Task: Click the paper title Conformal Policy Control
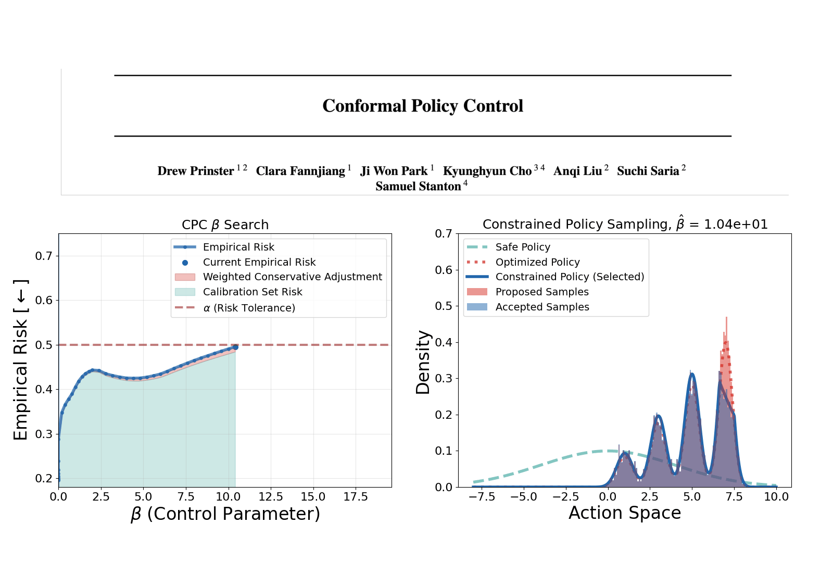click(x=422, y=106)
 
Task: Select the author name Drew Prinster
click(x=196, y=171)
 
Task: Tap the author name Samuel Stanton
click(x=418, y=186)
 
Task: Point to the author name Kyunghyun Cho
click(x=487, y=171)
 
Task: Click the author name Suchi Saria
click(x=648, y=171)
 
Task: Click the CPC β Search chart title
click(x=225, y=225)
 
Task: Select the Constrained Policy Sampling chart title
click(x=625, y=224)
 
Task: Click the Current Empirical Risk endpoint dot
click(x=235, y=347)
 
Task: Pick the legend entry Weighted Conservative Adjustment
click(x=278, y=277)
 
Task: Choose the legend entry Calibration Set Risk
click(x=238, y=292)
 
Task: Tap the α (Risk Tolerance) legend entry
click(x=235, y=308)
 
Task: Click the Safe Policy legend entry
click(x=508, y=247)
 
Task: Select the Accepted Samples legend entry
click(x=528, y=307)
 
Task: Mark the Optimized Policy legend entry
click(x=523, y=262)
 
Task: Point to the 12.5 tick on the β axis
click(x=271, y=497)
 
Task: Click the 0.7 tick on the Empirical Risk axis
click(x=44, y=256)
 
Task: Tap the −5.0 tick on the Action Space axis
click(x=524, y=497)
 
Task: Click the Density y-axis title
click(x=423, y=363)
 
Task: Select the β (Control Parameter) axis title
click(x=225, y=514)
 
